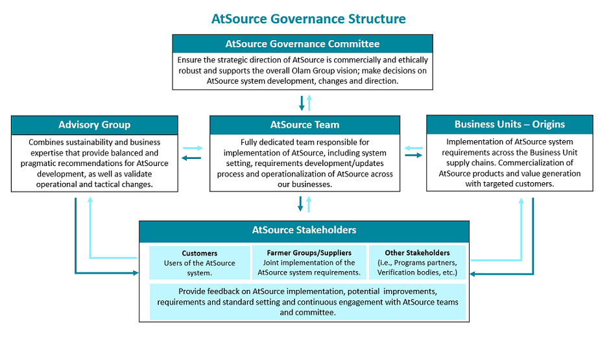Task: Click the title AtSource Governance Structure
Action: tap(309, 19)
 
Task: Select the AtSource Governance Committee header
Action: tap(302, 44)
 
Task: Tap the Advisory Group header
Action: tap(95, 125)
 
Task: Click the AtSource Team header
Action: tap(305, 125)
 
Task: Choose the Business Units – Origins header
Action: tap(510, 125)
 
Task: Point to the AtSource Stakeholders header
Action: tap(304, 230)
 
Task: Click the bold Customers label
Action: tap(200, 253)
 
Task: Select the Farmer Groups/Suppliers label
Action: tap(309, 253)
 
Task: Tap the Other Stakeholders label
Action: tap(417, 253)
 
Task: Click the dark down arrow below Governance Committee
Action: tap(302, 103)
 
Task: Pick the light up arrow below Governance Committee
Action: tap(309, 103)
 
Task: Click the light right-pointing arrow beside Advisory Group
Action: tap(193, 148)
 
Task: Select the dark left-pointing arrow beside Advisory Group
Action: tap(191, 158)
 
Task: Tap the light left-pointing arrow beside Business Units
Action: tap(413, 148)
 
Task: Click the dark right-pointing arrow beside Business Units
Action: tap(413, 155)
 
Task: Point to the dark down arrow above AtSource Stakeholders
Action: tap(300, 204)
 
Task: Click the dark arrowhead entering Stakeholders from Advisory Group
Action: tap(136, 273)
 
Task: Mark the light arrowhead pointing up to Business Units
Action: tap(521, 201)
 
